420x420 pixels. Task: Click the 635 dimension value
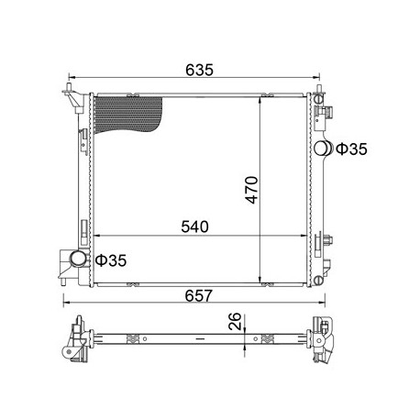(199, 70)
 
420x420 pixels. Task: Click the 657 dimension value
(198, 295)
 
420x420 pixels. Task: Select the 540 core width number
(194, 227)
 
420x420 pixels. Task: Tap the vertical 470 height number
(252, 190)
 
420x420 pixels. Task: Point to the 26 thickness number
(236, 321)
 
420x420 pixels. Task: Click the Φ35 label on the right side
(351, 149)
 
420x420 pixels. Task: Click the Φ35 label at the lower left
(111, 260)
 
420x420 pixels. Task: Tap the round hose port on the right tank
(323, 149)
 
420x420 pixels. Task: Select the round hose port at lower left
(78, 259)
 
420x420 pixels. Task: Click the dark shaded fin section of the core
(127, 114)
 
